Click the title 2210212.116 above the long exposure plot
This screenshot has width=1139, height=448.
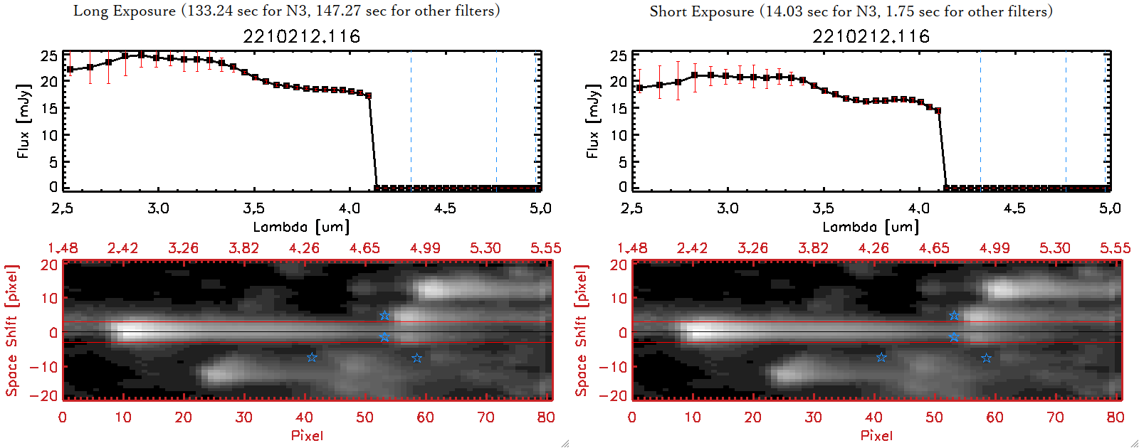(x=302, y=36)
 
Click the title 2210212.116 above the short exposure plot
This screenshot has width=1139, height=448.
(x=871, y=36)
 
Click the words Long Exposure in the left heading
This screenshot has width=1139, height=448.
(x=125, y=11)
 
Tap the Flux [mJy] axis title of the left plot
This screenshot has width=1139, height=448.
(x=23, y=122)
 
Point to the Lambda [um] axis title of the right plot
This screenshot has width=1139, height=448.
(x=871, y=227)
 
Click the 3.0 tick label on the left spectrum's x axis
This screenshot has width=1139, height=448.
(x=158, y=208)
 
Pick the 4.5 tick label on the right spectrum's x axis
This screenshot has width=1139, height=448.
(x=1014, y=208)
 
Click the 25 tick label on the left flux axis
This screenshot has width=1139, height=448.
(x=48, y=55)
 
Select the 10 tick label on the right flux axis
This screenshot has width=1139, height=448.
(x=618, y=135)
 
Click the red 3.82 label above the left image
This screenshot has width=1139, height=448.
(x=243, y=248)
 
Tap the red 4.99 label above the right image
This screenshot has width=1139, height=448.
(x=994, y=248)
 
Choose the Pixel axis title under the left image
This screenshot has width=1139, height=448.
(x=307, y=435)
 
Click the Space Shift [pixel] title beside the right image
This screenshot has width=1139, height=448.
(x=582, y=331)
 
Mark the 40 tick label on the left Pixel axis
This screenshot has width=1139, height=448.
(x=304, y=417)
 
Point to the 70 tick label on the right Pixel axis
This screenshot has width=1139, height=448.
(x=1055, y=417)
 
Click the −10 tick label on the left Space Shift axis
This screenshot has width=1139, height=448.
(x=44, y=367)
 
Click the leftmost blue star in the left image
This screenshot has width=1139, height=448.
(x=312, y=357)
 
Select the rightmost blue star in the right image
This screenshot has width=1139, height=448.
(x=986, y=358)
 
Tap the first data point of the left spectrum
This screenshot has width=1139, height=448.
(x=70, y=69)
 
